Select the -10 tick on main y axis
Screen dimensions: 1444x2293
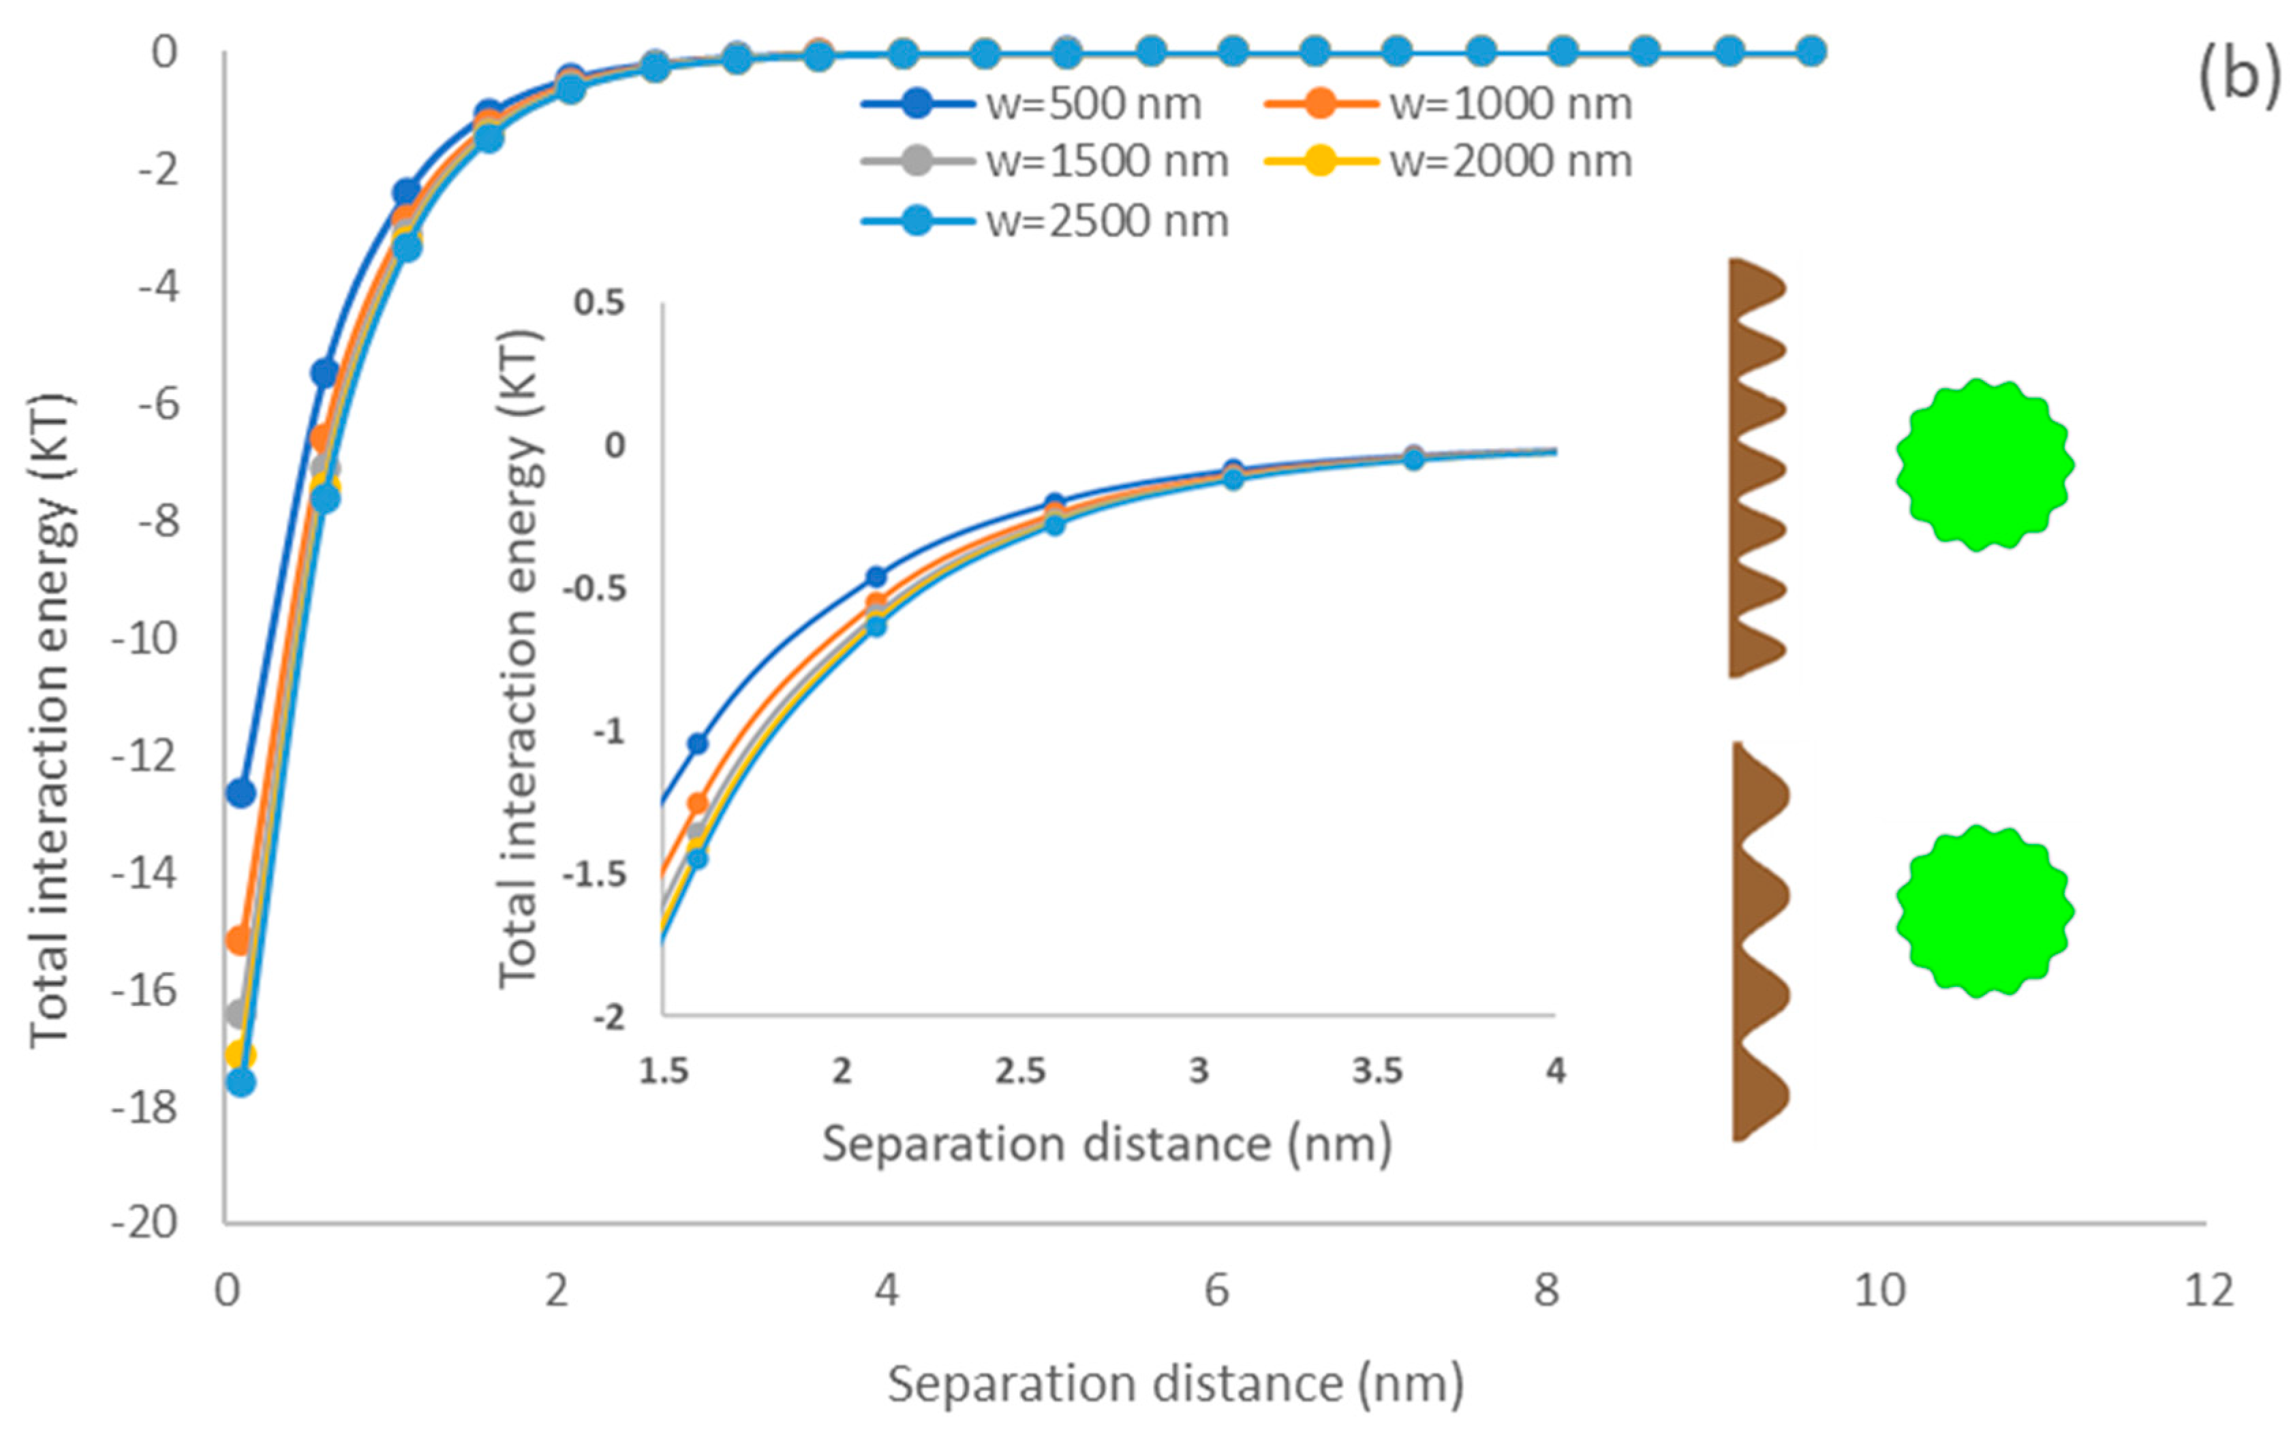(144, 639)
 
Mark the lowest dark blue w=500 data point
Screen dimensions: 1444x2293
(241, 793)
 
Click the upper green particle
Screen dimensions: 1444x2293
(1984, 465)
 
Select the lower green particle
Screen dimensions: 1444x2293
(1984, 911)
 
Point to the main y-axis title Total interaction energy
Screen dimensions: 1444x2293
(50, 721)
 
